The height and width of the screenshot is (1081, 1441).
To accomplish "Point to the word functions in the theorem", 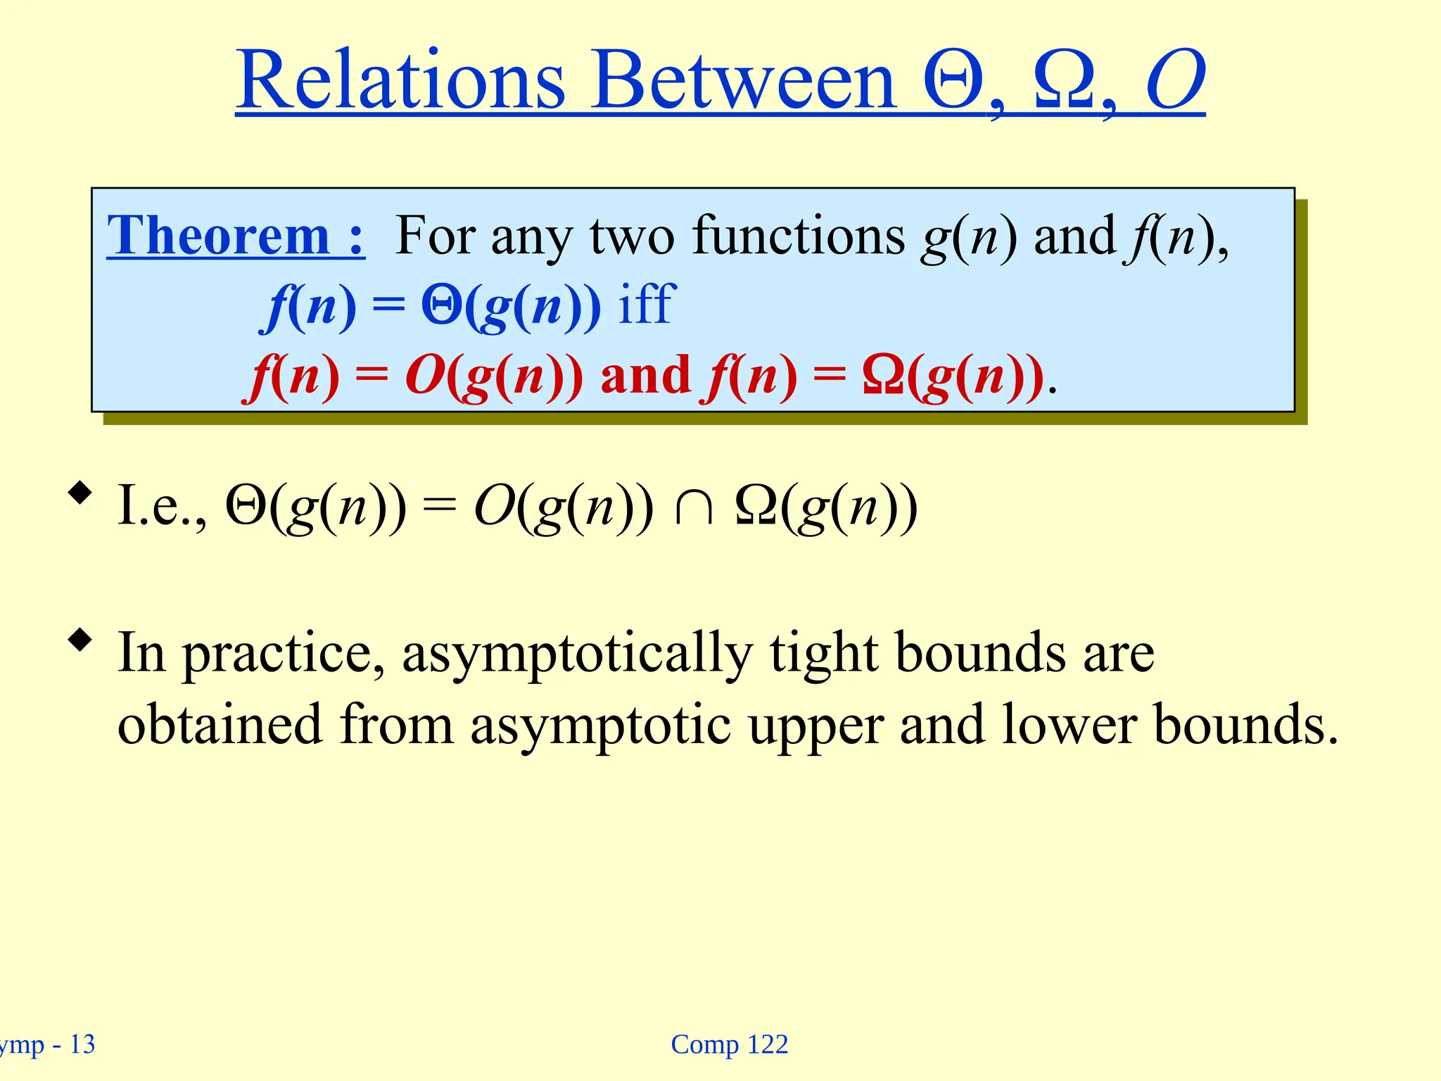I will tap(799, 235).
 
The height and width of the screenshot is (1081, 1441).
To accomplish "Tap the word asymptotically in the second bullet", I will tap(577, 653).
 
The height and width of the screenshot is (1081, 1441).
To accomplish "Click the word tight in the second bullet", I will tap(823, 653).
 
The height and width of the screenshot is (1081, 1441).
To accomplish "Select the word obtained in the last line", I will tap(220, 724).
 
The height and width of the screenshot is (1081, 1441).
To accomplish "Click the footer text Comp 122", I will tap(729, 1044).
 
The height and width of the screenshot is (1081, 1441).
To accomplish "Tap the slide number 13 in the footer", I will tap(82, 1044).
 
